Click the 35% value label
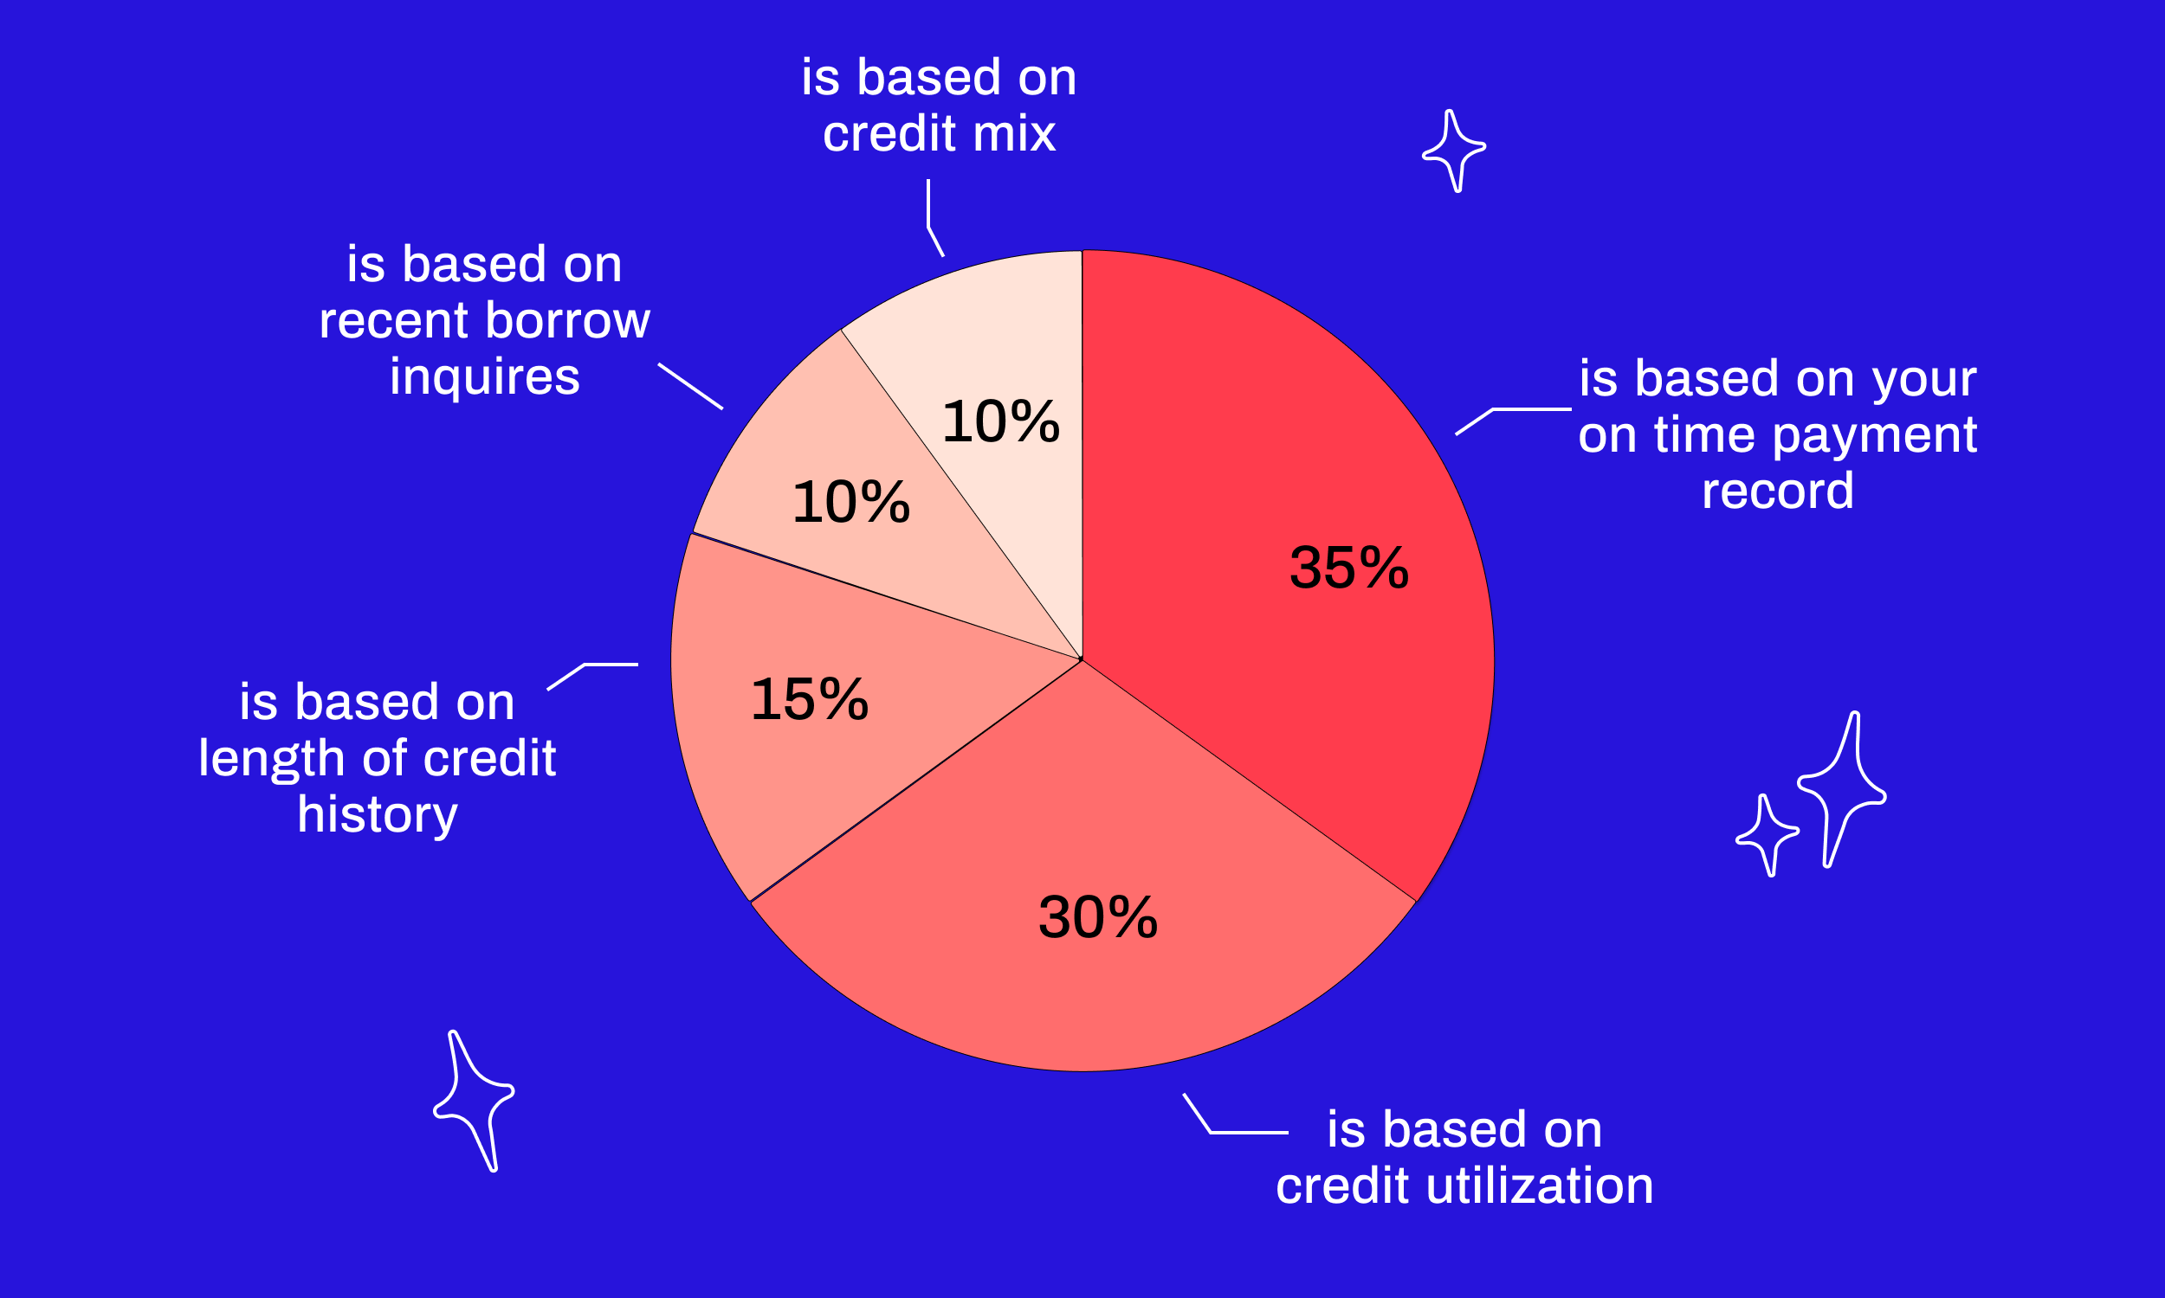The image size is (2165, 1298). coord(1348,568)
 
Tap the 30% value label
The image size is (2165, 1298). coord(1097,917)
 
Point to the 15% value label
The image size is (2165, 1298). coord(810,700)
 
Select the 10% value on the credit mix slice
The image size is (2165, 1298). coord(1000,421)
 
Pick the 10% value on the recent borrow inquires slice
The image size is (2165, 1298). coord(850,503)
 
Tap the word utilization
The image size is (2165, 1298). coord(1539,1186)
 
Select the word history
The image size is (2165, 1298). coord(378,815)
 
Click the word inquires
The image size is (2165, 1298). coord(485,378)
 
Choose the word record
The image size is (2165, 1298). coord(1777,491)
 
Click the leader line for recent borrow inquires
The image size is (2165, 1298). coord(689,386)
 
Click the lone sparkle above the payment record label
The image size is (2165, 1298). coord(1453,151)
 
